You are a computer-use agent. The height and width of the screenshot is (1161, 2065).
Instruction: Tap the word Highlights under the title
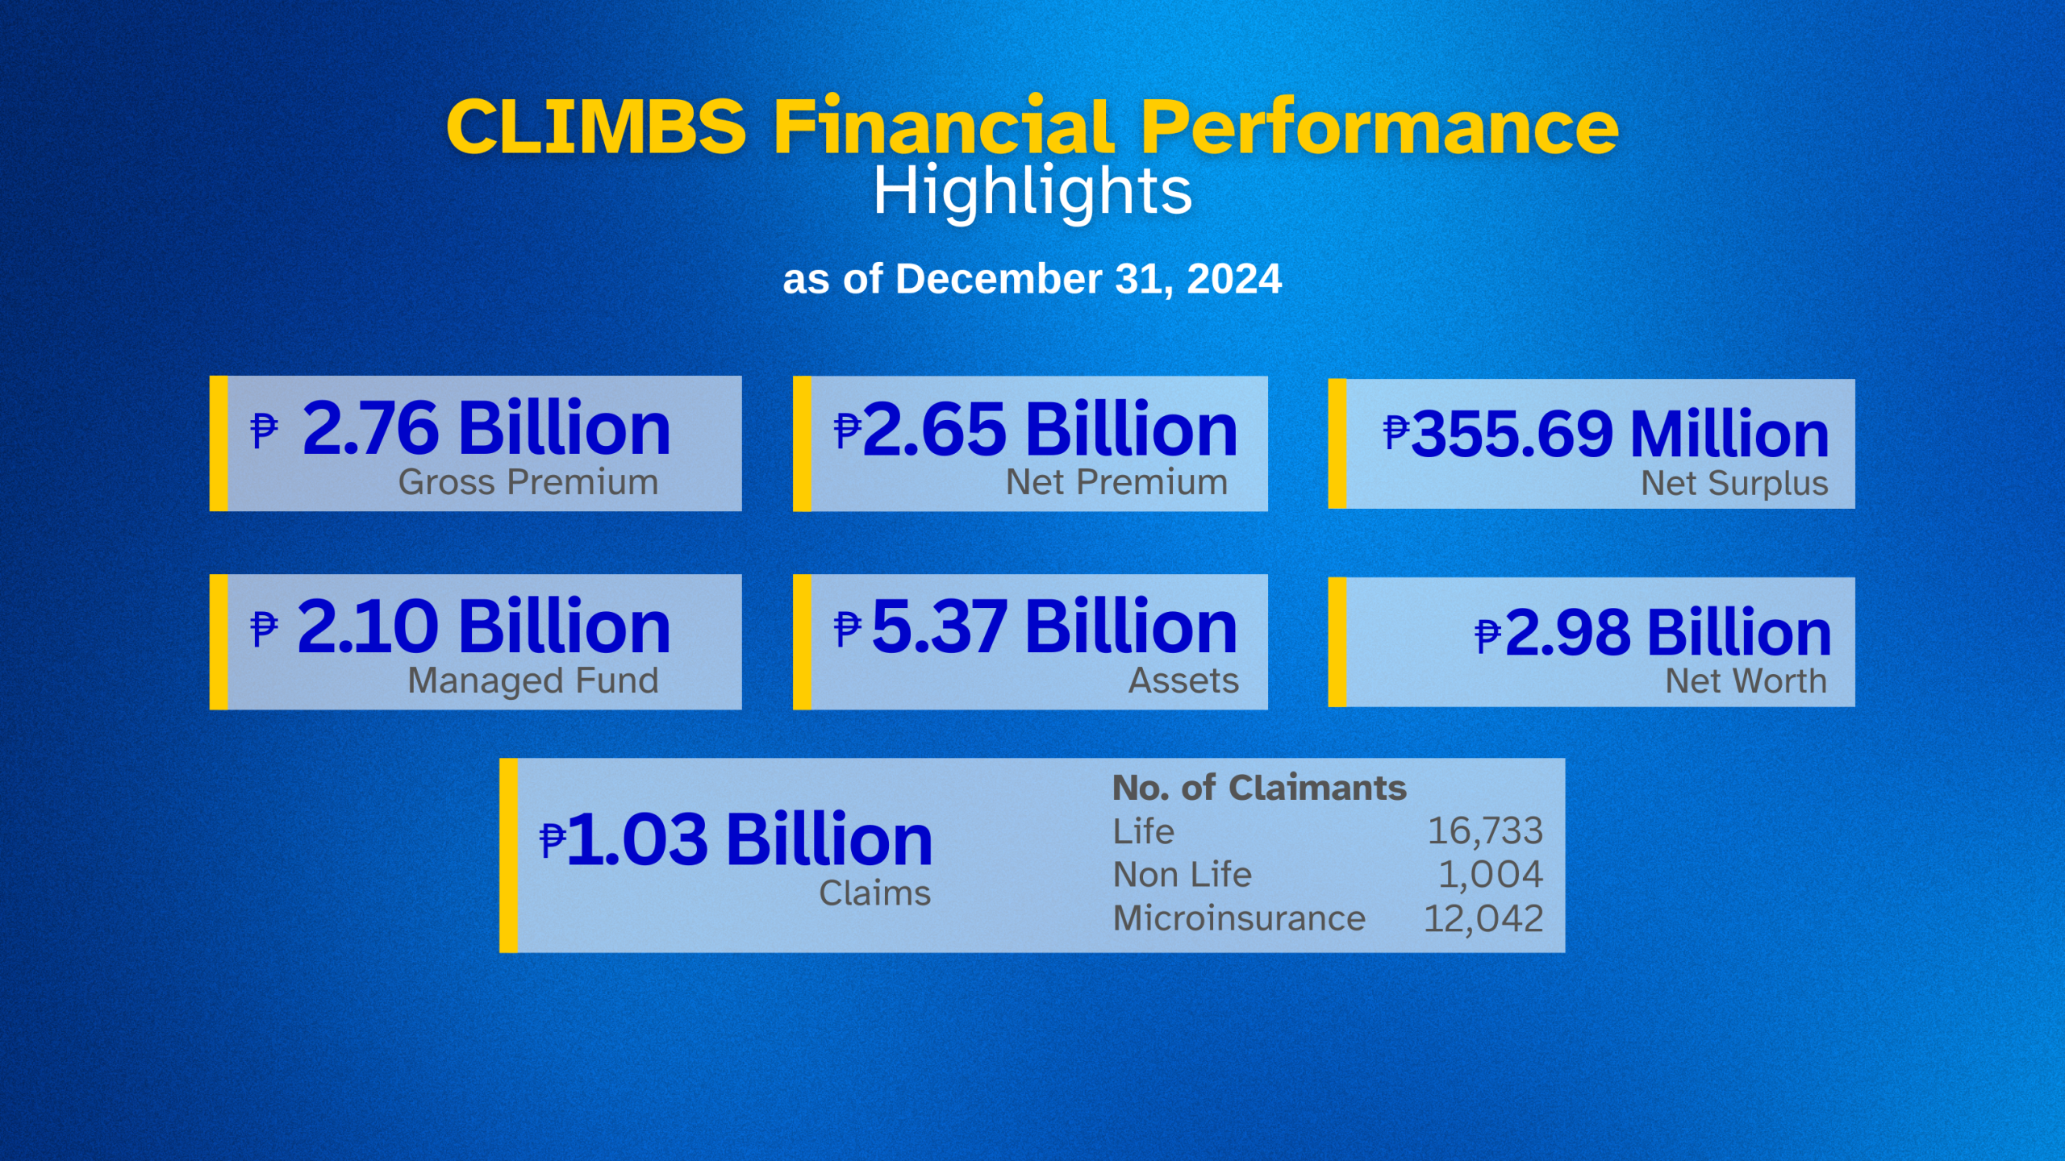tap(1032, 192)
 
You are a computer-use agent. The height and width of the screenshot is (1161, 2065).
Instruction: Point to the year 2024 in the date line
tap(1234, 280)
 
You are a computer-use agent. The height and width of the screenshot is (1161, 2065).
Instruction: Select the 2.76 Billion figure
tap(486, 428)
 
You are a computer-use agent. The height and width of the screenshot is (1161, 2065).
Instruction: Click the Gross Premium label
tap(528, 482)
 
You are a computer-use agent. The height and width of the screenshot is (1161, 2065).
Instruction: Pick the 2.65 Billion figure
tap(1049, 430)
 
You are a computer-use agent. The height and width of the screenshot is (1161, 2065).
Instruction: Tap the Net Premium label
tap(1116, 482)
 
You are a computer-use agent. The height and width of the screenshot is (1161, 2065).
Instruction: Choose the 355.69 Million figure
tap(1620, 434)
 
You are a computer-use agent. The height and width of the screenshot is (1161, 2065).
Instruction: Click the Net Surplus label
tap(1734, 484)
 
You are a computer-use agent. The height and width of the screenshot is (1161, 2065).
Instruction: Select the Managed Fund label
tap(533, 680)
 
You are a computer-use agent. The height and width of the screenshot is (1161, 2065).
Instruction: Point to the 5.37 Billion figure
tap(1053, 627)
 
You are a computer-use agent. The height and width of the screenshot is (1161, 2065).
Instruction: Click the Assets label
tap(1183, 681)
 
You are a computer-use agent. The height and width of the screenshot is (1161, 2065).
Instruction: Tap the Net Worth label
tap(1746, 681)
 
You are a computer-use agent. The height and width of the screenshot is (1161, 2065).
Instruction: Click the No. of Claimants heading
tap(1259, 788)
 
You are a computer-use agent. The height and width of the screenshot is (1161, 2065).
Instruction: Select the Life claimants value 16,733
tap(1485, 831)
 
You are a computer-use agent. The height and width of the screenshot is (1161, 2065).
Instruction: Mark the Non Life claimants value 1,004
tap(1491, 875)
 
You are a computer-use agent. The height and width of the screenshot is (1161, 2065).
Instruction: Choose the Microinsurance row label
tap(1239, 918)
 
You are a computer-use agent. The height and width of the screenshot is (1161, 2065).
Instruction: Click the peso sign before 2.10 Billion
tap(264, 629)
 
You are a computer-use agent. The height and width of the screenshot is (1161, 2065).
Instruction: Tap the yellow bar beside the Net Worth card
tap(1337, 642)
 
